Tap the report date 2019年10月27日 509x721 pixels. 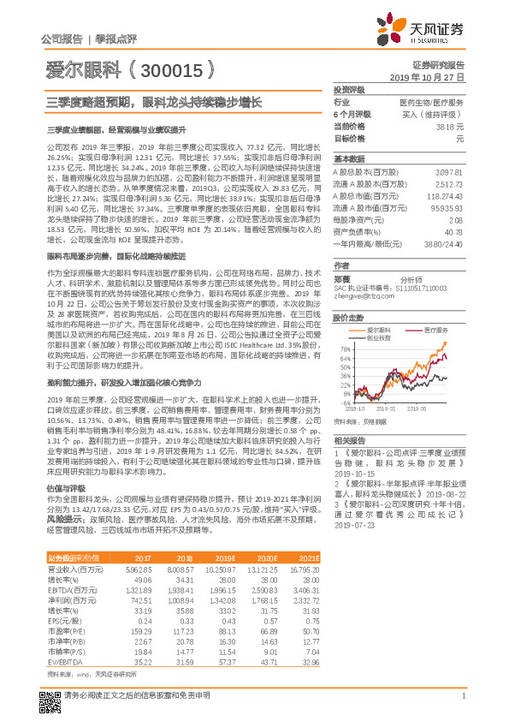pos(436,76)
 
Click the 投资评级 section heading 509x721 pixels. pos(349,89)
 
